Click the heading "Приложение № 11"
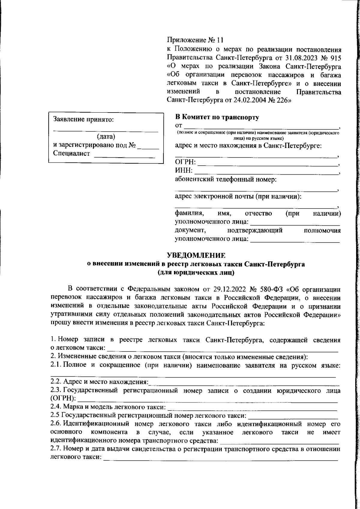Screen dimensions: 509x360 [195, 40]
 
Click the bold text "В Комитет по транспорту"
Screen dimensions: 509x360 [217, 117]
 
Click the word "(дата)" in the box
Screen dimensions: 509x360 [106, 137]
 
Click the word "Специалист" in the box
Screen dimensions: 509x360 [71, 153]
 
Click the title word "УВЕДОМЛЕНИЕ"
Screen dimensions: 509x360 [196, 255]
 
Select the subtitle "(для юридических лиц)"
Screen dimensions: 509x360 [196, 273]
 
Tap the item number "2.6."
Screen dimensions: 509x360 [56, 424]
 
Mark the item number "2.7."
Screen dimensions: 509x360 [56, 449]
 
